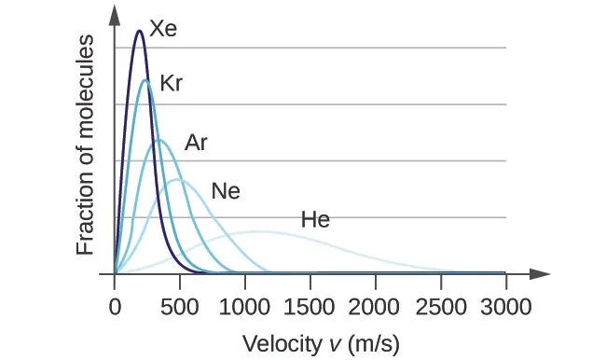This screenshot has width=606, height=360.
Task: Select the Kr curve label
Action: tap(171, 82)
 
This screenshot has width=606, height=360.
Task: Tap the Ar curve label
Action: tap(196, 143)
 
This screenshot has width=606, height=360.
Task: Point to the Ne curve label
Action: tap(226, 191)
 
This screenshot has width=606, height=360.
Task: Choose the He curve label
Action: tap(315, 220)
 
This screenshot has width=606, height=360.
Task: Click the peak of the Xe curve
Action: tap(139, 31)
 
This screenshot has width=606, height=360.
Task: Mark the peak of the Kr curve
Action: tap(145, 80)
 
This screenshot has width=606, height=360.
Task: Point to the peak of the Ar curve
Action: tap(159, 140)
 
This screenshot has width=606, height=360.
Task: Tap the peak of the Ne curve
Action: tap(178, 179)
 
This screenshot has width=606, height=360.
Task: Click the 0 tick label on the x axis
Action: tap(115, 307)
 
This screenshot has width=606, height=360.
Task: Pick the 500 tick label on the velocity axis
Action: tap(180, 307)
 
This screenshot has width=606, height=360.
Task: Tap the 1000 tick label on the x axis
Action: tap(245, 307)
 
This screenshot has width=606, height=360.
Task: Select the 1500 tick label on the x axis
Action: tap(310, 307)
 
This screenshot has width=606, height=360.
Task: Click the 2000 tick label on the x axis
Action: tap(376, 307)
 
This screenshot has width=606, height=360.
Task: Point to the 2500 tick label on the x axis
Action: tap(441, 307)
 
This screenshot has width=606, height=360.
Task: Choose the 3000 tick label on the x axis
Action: tap(506, 307)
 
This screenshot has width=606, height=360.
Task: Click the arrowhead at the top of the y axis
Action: tap(115, 13)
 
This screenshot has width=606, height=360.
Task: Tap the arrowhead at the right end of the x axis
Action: tap(542, 274)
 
